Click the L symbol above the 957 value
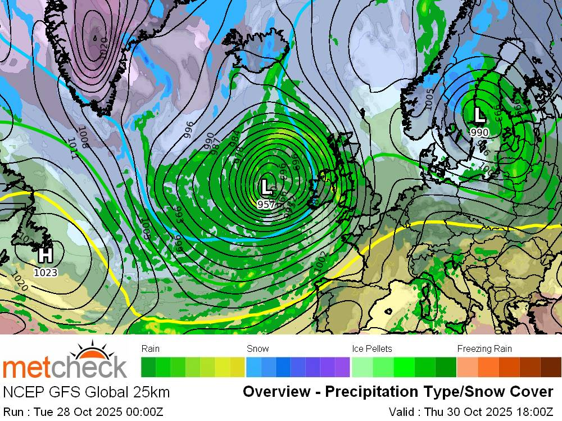[x=266, y=187]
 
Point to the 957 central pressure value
[x=266, y=204]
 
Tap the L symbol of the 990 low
[x=479, y=115]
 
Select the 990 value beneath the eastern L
[x=479, y=132]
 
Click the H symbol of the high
[x=45, y=256]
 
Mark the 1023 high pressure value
[x=46, y=273]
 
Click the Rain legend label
[x=151, y=348]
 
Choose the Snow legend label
[x=257, y=348]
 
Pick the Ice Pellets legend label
[x=371, y=348]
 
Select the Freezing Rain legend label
[x=484, y=348]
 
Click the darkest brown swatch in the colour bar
[x=551, y=367]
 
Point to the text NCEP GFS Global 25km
[x=86, y=392]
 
